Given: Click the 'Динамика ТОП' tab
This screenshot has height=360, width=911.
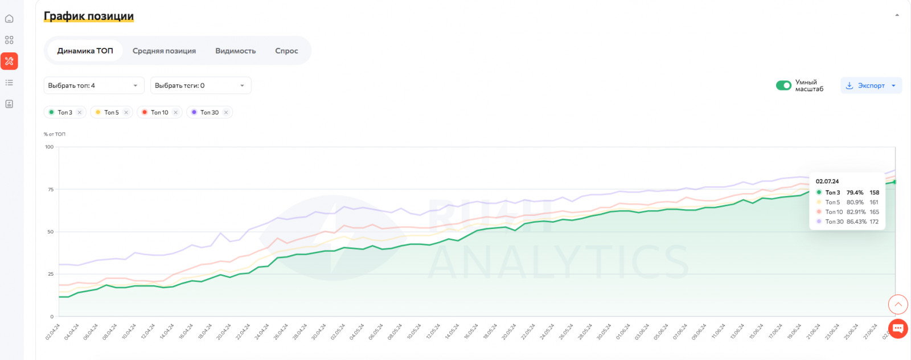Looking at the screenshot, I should coord(85,51).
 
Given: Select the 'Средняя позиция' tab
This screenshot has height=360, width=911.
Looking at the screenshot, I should coord(164,51).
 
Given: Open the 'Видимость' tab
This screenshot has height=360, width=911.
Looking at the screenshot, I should coord(235,51).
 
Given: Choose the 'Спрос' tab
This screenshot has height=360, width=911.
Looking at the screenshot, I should coord(286,51).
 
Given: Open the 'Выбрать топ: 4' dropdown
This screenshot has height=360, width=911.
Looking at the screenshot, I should coord(93,85).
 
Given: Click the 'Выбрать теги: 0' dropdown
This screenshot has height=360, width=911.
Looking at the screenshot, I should coord(200,85).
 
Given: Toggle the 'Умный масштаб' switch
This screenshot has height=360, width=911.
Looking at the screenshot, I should coord(783,85).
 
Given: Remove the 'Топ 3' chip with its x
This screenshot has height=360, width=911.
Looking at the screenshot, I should coord(80,112).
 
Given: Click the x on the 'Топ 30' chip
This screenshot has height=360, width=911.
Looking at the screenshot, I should coord(226,112).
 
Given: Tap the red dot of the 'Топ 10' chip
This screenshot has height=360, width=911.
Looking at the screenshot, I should coord(145,112).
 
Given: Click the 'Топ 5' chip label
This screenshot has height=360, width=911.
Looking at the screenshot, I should coord(112,112).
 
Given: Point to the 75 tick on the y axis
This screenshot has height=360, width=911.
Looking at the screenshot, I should coord(51,189).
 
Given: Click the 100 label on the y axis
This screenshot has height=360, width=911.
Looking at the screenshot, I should coord(50,147).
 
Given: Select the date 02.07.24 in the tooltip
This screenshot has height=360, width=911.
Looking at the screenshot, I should coord(827,181).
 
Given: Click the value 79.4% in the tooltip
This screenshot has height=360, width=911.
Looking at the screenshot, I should coord(855,193).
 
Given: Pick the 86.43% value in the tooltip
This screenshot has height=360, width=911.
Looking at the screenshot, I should coord(856,222).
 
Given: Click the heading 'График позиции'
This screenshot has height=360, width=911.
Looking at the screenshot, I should coord(89,16).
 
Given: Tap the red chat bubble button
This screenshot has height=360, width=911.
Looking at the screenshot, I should coord(898,328).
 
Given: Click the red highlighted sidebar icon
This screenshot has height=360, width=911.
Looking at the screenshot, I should coord(9,61).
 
